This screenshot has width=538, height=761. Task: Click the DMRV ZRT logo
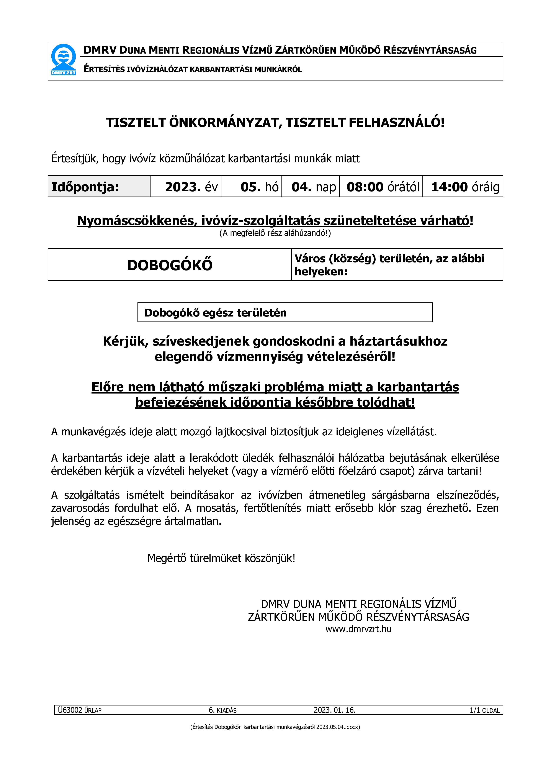(64, 60)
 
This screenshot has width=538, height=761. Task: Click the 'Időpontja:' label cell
(85, 187)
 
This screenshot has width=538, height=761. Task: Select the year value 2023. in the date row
(183, 187)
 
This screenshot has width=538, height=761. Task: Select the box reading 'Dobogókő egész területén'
(285, 313)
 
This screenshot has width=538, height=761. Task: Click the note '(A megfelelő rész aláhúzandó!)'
(275, 233)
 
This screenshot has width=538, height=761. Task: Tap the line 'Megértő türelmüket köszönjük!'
(221, 558)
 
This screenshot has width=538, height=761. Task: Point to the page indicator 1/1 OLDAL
(484, 710)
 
